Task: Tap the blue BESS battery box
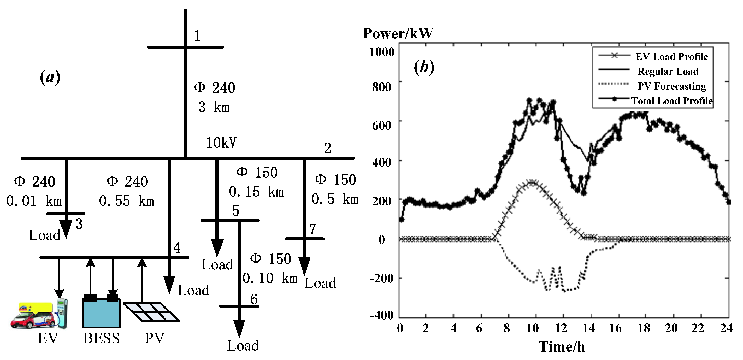[101, 314]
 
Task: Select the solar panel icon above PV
[151, 312]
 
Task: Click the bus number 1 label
[197, 36]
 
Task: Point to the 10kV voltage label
[221, 143]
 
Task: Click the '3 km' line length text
[214, 107]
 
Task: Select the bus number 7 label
[313, 229]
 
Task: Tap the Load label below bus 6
[243, 346]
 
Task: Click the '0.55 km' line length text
[126, 201]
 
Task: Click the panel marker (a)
[50, 77]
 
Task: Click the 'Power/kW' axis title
[398, 33]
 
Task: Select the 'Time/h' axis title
[561, 347]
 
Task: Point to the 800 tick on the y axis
[381, 86]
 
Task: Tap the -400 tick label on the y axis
[382, 315]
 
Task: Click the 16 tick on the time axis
[615, 328]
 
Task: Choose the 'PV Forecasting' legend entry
[672, 86]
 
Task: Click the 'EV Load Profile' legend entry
[671, 57]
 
